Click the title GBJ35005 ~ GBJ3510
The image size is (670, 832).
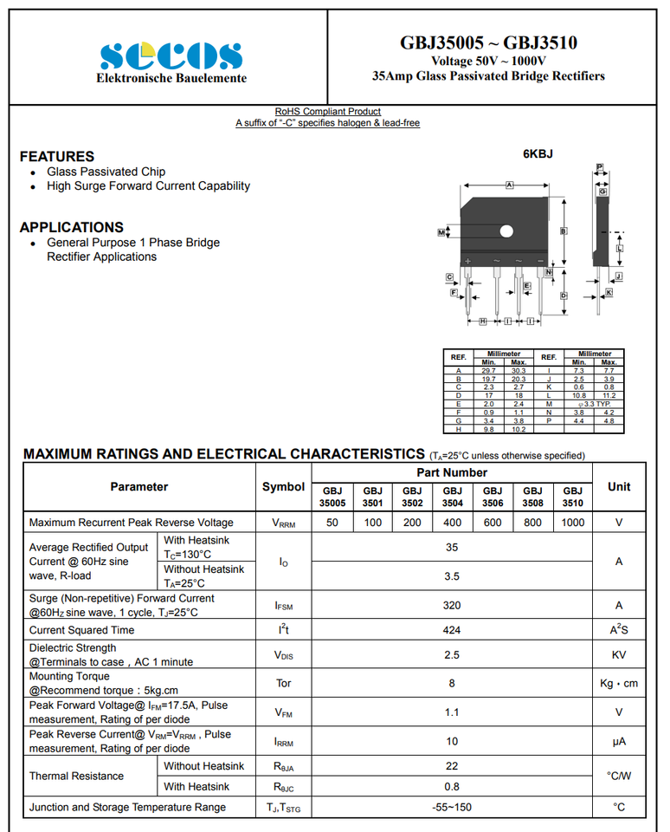[488, 42]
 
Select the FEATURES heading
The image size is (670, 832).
[57, 157]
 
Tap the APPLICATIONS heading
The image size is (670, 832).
[72, 227]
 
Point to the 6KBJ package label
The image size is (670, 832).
[538, 154]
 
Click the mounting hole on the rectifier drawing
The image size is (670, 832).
[506, 231]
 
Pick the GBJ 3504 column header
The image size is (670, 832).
[453, 497]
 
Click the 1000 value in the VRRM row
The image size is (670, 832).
[572, 523]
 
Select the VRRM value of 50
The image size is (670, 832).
[332, 523]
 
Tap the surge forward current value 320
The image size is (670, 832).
[452, 606]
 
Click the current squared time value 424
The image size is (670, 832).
[452, 630]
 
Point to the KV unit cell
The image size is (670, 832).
[618, 655]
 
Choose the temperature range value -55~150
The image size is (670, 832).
[452, 808]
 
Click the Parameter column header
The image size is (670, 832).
[139, 487]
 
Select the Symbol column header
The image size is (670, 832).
[283, 487]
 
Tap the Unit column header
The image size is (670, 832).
[618, 487]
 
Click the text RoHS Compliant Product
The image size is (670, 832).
[327, 112]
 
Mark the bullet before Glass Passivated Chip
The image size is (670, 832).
[33, 172]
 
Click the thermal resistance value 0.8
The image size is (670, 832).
[452, 787]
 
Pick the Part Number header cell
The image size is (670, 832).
[452, 472]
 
